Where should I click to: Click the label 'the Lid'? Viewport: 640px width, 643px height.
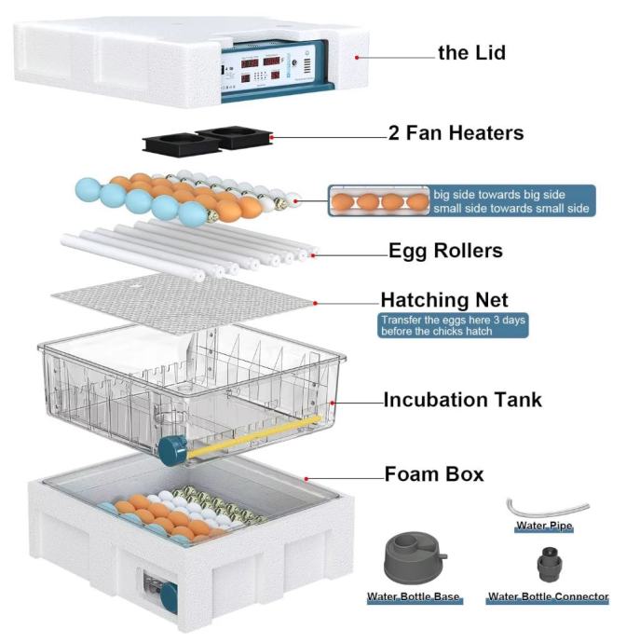471,52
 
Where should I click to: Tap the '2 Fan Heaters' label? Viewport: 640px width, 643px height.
456,133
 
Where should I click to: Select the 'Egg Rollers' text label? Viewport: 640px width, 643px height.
445,250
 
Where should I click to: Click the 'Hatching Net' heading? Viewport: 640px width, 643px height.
444,300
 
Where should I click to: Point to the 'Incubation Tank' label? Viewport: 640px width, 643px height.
462,401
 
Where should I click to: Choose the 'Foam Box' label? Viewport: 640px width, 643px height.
434,473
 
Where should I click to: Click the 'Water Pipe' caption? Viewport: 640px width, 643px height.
545,527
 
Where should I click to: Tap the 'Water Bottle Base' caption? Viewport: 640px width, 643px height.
414,596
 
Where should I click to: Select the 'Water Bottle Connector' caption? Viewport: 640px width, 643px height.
549,596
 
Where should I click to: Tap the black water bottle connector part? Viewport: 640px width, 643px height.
547,564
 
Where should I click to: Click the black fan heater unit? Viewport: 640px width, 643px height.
206,141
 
